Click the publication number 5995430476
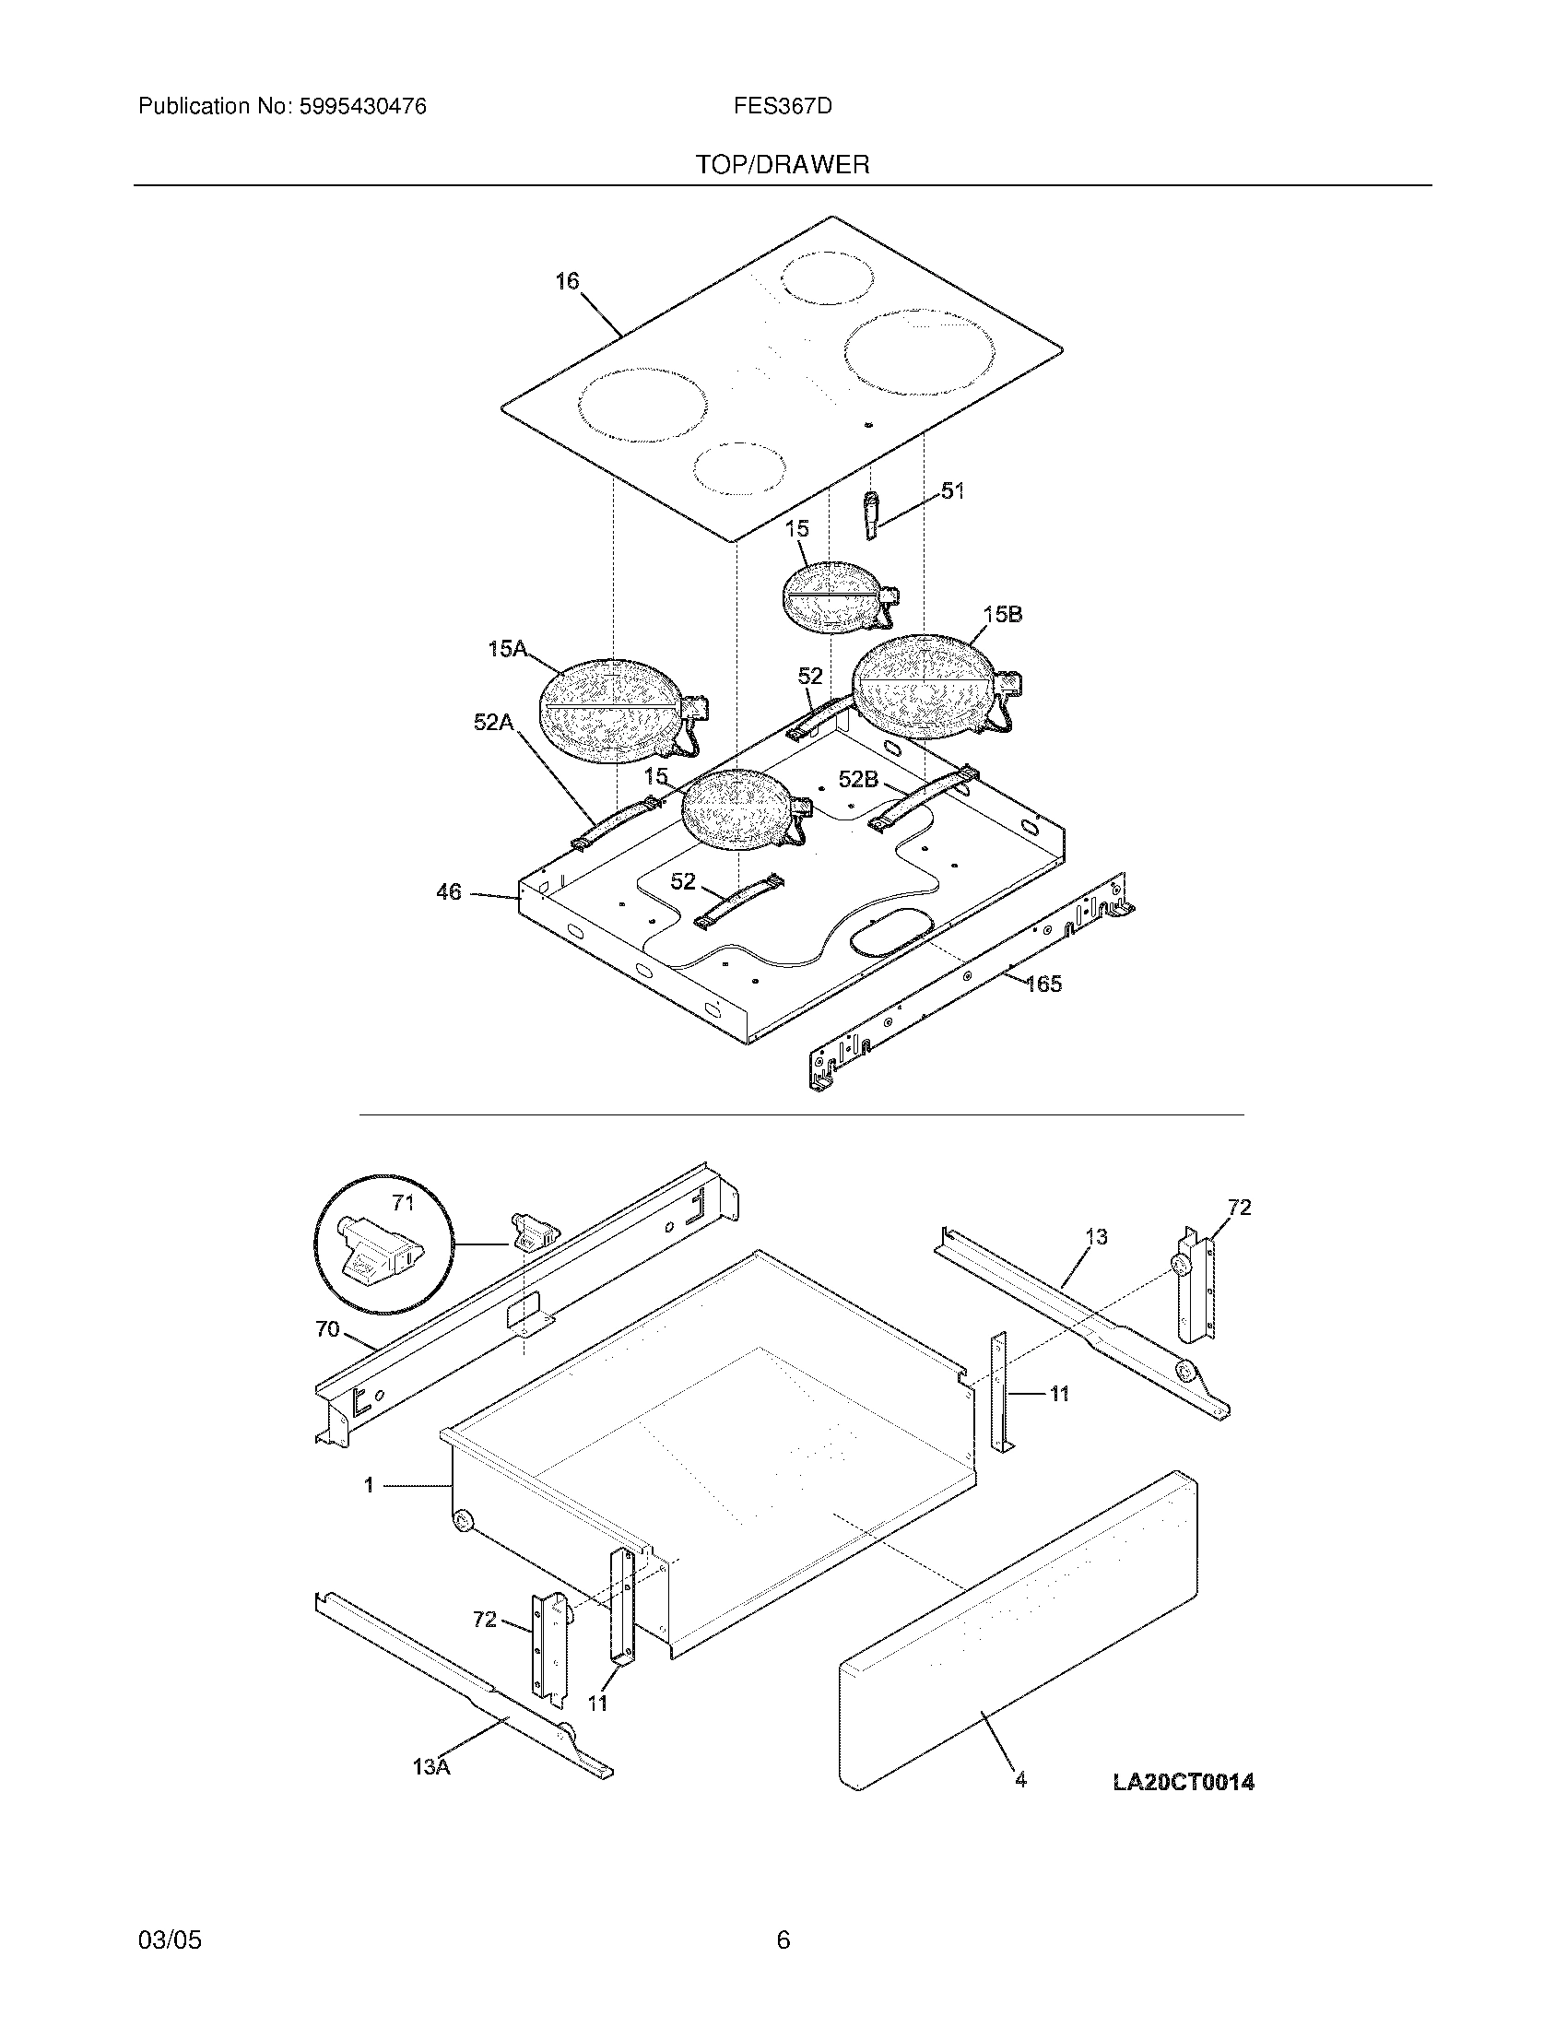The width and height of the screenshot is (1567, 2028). tap(362, 107)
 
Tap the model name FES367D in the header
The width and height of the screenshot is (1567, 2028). tap(783, 107)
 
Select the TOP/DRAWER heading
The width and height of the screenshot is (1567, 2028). tap(783, 165)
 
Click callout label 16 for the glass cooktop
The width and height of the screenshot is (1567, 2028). tap(567, 281)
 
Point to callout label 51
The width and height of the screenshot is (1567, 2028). tap(952, 491)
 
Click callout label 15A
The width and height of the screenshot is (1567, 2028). tap(507, 649)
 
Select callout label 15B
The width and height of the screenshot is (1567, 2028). tap(1003, 615)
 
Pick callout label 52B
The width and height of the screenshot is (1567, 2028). tap(858, 780)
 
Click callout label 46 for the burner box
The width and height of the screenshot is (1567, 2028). tap(448, 892)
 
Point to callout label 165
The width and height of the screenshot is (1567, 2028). tap(1043, 984)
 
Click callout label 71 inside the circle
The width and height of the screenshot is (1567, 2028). tap(402, 1203)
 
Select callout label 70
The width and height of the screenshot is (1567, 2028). tap(327, 1329)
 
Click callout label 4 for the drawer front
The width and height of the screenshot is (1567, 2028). tap(1020, 1780)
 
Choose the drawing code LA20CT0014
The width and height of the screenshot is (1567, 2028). tap(1183, 1782)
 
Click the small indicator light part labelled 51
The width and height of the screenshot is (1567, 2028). tap(871, 515)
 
